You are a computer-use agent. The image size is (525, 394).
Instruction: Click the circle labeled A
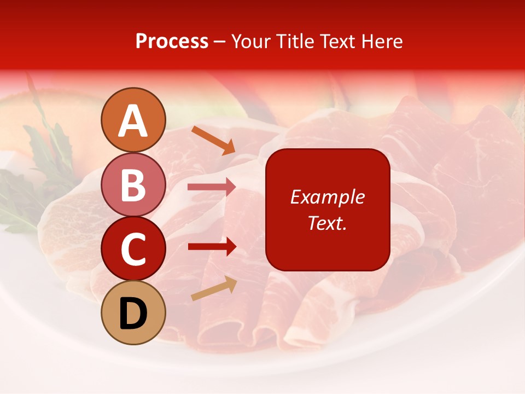[133, 120]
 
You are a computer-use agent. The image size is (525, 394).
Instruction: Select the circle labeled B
[133, 184]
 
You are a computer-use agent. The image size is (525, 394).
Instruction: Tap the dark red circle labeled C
[133, 248]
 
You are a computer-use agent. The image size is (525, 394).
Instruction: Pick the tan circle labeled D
[133, 312]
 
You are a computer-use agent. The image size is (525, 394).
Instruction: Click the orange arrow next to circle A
[213, 140]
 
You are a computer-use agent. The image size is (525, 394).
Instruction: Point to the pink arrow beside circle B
[212, 187]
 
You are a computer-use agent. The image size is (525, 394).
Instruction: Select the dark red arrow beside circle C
[212, 247]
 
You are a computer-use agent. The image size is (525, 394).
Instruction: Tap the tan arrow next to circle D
[214, 289]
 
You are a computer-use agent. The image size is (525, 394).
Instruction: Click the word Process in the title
[172, 42]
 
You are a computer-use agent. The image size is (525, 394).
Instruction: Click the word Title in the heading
[294, 42]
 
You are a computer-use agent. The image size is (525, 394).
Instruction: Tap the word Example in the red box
[327, 197]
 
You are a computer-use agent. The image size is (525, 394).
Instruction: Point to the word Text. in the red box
[327, 223]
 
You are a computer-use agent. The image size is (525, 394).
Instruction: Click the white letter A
[133, 121]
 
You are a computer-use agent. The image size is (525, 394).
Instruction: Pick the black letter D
[133, 314]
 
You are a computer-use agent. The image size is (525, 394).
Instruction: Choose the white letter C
[133, 249]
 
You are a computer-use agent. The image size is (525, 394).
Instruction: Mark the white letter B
[133, 185]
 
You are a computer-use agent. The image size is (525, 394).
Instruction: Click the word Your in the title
[250, 42]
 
